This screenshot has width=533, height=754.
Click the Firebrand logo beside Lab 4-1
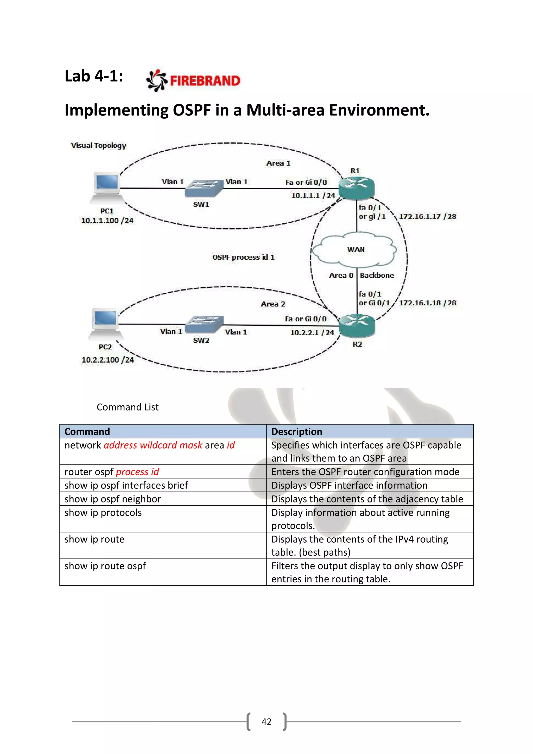(193, 80)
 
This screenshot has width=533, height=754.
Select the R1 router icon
(357, 188)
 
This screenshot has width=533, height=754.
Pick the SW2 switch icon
(204, 324)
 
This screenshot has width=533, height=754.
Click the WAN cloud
(355, 250)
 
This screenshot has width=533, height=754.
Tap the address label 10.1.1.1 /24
(313, 196)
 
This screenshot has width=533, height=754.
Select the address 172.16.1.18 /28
(427, 303)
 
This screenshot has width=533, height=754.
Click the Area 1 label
(278, 163)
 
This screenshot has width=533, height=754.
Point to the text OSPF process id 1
(243, 257)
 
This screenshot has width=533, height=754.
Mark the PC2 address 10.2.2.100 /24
(108, 360)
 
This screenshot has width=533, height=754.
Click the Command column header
(87, 431)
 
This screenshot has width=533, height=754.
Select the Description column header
(297, 431)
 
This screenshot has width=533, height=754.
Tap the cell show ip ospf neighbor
(113, 499)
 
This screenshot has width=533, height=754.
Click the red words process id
(137, 472)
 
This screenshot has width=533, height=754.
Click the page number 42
(266, 721)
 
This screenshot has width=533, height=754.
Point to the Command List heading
(128, 407)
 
